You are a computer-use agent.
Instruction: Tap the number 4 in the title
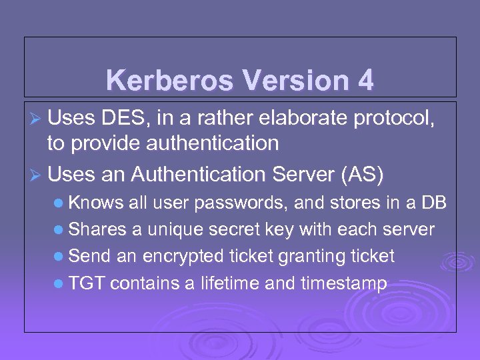[x=365, y=81]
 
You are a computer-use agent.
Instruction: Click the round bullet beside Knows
[x=59, y=203]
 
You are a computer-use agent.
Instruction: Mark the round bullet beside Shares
[x=59, y=230]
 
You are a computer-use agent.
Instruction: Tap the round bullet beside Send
[x=59, y=257]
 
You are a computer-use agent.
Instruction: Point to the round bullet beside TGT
[x=59, y=283]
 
